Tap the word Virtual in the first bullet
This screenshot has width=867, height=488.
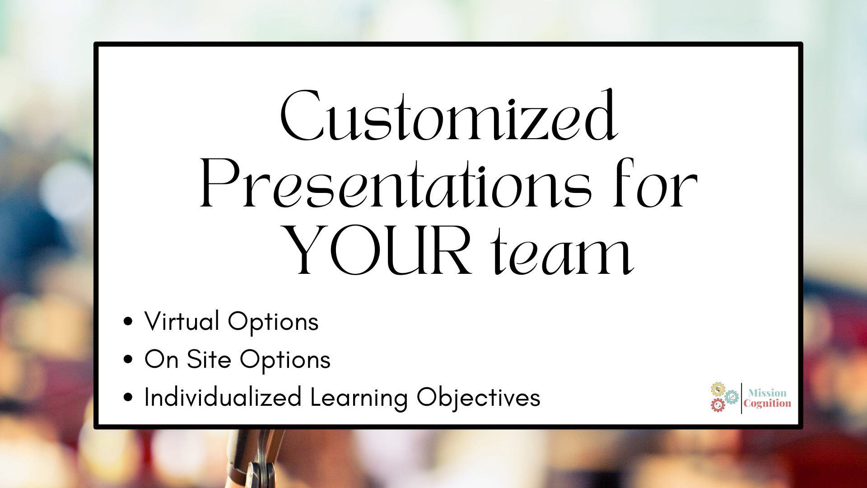182,321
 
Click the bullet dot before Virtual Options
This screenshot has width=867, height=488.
128,321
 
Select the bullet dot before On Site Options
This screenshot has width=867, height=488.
128,359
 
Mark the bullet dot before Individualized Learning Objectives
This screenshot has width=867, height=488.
128,397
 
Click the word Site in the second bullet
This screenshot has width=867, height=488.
209,360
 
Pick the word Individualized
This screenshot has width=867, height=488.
223,397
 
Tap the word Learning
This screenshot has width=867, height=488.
359,398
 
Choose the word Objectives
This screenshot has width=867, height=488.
479,398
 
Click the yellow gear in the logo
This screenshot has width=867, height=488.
718,389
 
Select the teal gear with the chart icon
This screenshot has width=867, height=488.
732,397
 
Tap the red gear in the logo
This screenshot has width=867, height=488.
718,405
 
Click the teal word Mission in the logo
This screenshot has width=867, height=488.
767,393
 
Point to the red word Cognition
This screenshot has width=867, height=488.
767,404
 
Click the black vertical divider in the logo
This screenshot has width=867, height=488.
741,398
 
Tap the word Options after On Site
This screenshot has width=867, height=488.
285,361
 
